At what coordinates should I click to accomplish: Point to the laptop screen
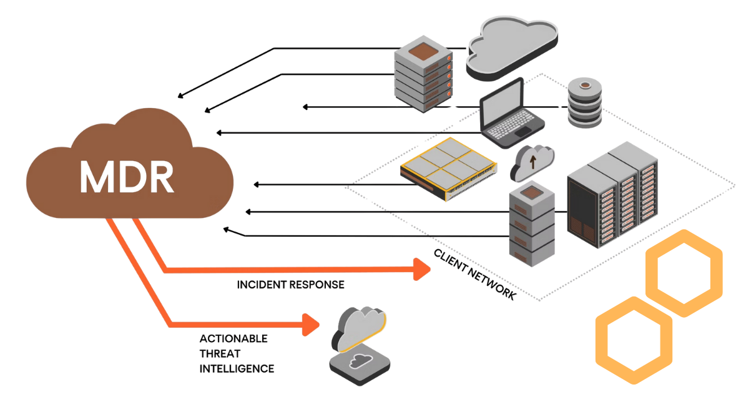(x=503, y=102)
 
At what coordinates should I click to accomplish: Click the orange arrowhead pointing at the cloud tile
(x=310, y=325)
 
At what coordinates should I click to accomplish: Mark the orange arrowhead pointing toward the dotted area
(x=423, y=269)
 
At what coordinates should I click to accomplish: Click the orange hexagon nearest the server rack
(x=684, y=273)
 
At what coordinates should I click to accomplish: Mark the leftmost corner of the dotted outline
(x=346, y=186)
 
